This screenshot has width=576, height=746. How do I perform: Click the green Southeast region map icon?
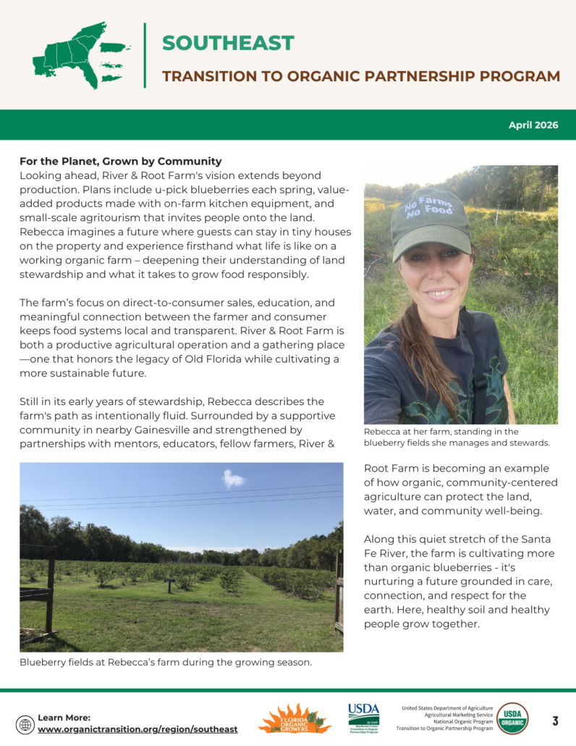tap(80, 55)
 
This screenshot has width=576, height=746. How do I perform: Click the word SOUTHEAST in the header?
tap(228, 43)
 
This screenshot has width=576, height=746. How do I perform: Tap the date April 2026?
tap(533, 125)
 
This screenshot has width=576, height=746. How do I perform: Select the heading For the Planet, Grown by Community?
tap(120, 161)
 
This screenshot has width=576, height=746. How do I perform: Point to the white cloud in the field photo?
tap(234, 478)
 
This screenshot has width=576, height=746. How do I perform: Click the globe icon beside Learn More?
tap(25, 724)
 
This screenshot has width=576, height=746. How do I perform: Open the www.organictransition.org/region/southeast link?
tap(137, 729)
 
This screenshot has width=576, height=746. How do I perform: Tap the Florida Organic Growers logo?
tap(295, 718)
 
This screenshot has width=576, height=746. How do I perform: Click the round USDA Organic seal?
tap(512, 718)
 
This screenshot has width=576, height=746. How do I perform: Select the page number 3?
tap(555, 721)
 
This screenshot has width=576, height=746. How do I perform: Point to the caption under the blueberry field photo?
tap(166, 662)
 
